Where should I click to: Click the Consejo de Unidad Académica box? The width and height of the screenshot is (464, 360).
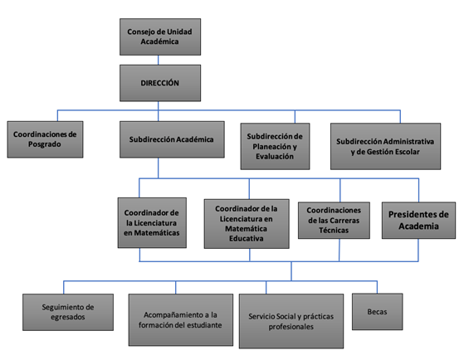pos(160,37)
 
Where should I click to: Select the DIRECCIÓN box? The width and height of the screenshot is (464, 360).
pos(160,83)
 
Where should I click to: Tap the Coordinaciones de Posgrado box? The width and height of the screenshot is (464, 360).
pos(46,139)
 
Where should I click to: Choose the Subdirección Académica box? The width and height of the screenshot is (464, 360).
pos(172,139)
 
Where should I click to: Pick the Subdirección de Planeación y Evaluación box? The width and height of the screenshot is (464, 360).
pos(276,147)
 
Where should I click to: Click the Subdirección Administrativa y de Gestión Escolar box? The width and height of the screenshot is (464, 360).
pos(386,147)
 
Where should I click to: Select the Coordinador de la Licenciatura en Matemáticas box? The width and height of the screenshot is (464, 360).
pos(152,223)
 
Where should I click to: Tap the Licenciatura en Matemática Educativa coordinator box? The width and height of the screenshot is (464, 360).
pos(247,224)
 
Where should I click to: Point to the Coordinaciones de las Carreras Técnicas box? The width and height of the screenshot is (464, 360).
pos(334,221)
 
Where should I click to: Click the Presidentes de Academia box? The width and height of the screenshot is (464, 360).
pos(418,221)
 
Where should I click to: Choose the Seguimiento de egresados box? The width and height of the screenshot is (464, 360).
pos(68,313)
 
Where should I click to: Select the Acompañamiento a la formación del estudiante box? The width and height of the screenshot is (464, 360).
pos(181,320)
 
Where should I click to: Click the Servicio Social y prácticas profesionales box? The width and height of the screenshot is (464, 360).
pos(291,321)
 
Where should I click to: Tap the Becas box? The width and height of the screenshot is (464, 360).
pos(378,312)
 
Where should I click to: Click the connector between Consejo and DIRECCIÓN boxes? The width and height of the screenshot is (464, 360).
pos(159,60)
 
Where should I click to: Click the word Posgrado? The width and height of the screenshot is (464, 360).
pos(45,144)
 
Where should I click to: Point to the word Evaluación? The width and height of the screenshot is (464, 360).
pos(275,157)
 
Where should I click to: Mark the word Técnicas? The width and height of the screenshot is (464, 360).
pos(334,230)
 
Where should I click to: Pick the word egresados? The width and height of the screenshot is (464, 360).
pos(68,317)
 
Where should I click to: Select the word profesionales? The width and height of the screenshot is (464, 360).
pos(291,327)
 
